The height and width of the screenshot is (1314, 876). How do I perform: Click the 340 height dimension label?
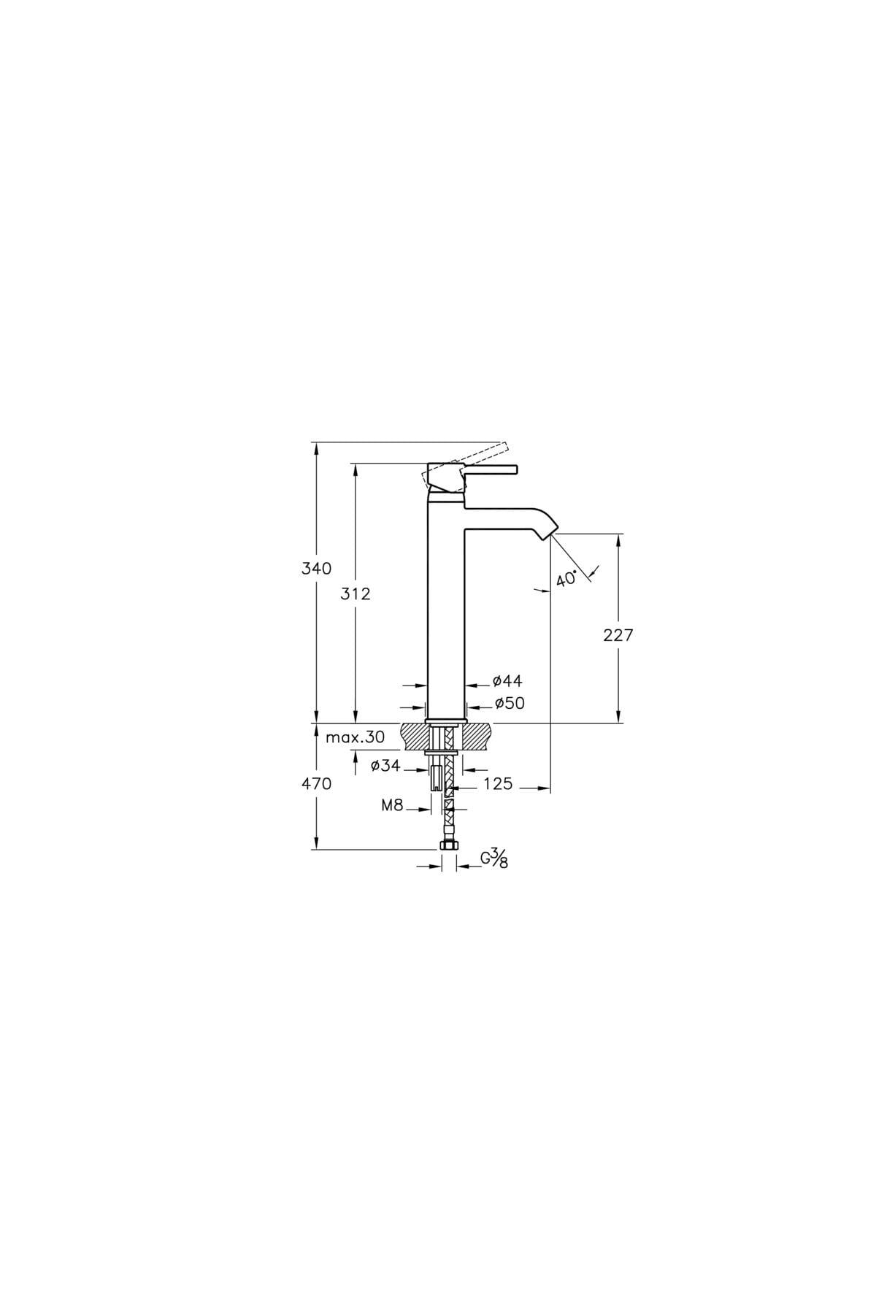tap(317, 568)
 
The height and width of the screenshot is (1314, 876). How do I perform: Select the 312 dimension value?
tap(356, 594)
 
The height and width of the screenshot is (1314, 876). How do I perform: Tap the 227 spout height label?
tap(618, 635)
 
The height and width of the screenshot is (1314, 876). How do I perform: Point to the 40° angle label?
tap(566, 579)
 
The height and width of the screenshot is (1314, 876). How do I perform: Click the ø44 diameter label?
tap(507, 681)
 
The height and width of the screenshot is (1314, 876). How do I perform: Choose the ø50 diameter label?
tap(509, 704)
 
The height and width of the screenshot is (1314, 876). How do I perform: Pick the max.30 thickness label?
tap(355, 737)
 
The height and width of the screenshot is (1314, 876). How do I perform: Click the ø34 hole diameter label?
tap(385, 766)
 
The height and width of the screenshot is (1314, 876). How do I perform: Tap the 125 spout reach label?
tap(498, 784)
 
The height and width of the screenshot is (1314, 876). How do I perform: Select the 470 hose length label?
tap(317, 784)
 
